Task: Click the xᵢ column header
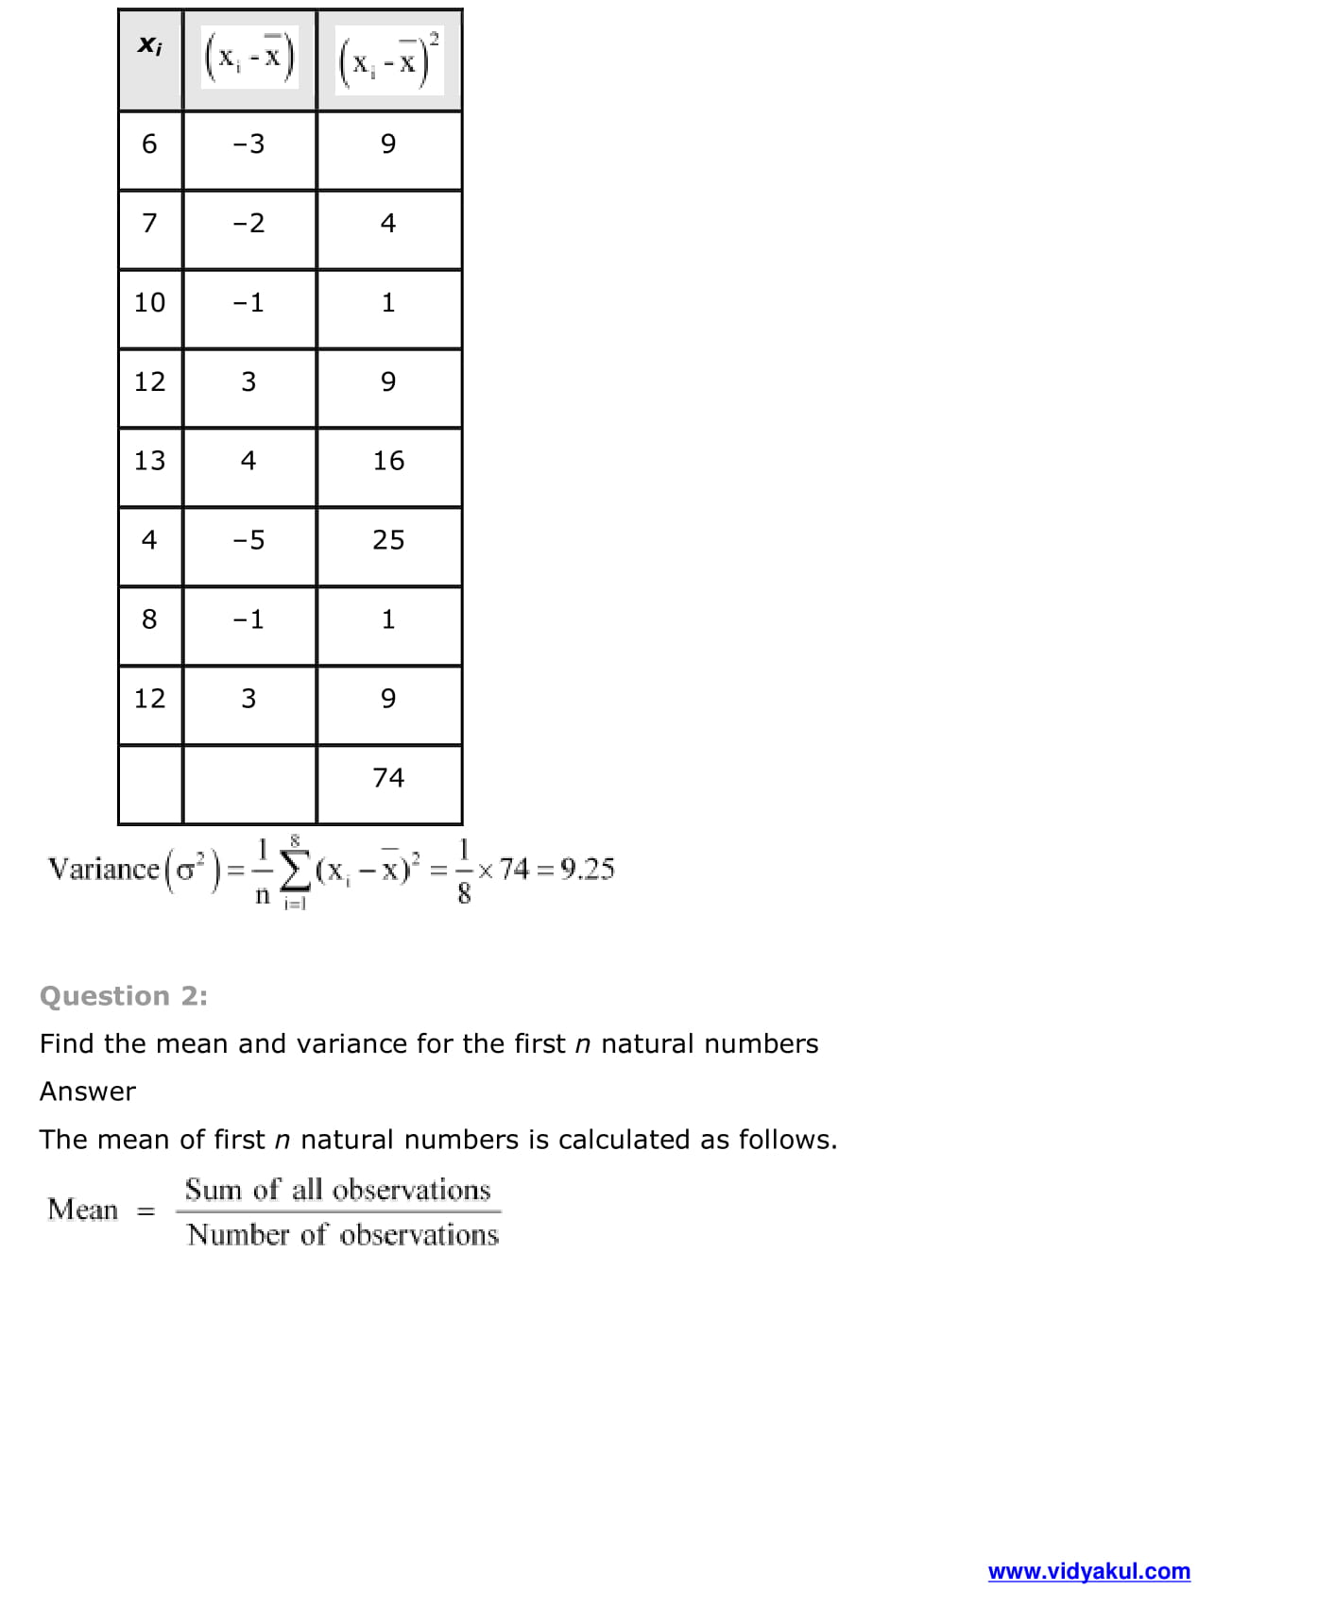[x=149, y=45]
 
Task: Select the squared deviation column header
[x=389, y=59]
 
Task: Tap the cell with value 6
[x=149, y=144]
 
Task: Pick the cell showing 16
[x=388, y=461]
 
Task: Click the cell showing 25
[x=388, y=540]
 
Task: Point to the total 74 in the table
[x=388, y=778]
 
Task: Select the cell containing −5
[x=248, y=540]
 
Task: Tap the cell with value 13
[x=149, y=461]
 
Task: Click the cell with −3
[x=248, y=144]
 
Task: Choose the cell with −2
[x=248, y=224]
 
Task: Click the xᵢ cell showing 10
[x=149, y=303]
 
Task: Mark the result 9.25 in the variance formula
[x=587, y=869]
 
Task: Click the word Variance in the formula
[x=104, y=869]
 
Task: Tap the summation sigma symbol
[x=296, y=869]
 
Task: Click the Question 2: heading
[x=124, y=996]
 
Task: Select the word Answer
[x=88, y=1092]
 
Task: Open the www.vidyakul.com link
[x=1088, y=1571]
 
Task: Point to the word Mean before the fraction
[x=83, y=1210]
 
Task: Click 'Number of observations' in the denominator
[x=342, y=1235]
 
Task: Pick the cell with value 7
[x=149, y=224]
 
